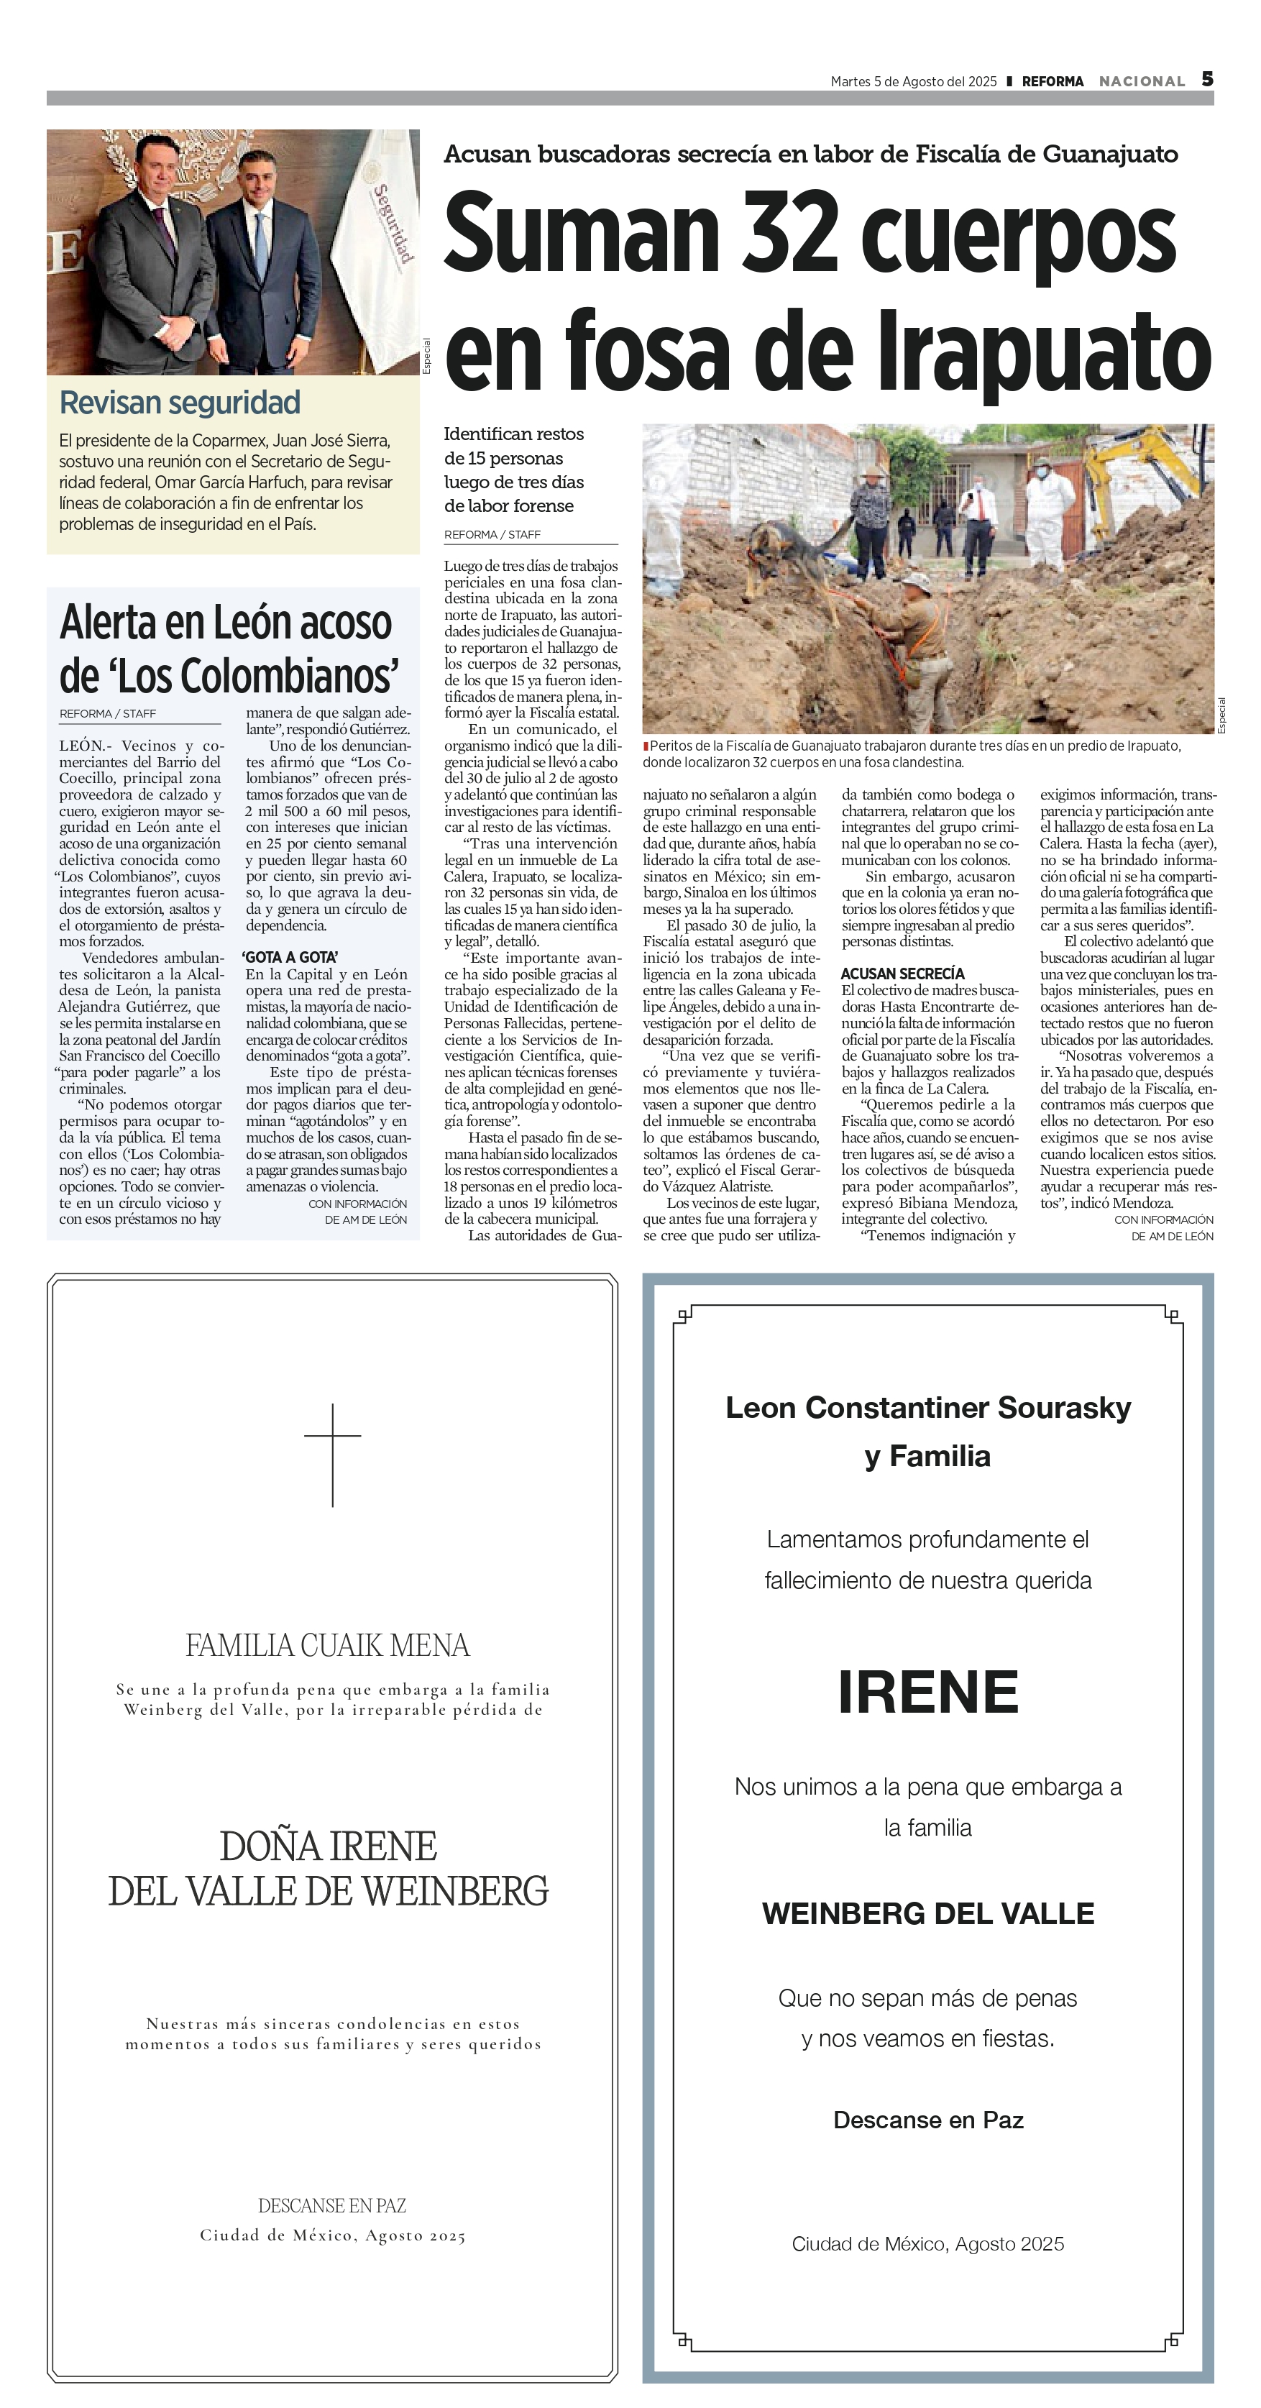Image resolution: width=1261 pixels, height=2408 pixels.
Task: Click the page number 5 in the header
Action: pyautogui.click(x=1207, y=80)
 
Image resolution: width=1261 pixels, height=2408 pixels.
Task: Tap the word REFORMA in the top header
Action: pyautogui.click(x=1053, y=81)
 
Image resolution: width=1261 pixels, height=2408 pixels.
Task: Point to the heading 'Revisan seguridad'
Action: pyautogui.click(x=180, y=403)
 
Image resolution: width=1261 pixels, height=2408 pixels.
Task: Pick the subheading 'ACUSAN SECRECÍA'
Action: pyautogui.click(x=902, y=973)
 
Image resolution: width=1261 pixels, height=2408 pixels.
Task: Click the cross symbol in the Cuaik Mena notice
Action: pyautogui.click(x=333, y=1454)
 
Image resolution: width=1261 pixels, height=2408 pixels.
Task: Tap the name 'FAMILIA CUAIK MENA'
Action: pyautogui.click(x=327, y=1645)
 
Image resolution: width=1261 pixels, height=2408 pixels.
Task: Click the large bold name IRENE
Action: pyautogui.click(x=927, y=1692)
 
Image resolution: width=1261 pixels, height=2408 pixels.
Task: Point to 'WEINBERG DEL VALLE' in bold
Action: pyautogui.click(x=927, y=1913)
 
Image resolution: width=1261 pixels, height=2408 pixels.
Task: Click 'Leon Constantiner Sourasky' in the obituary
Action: pyautogui.click(x=927, y=1407)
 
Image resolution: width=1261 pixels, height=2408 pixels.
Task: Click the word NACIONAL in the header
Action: pyautogui.click(x=1142, y=81)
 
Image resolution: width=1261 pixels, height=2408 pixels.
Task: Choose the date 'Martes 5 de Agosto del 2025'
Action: pyautogui.click(x=913, y=81)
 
